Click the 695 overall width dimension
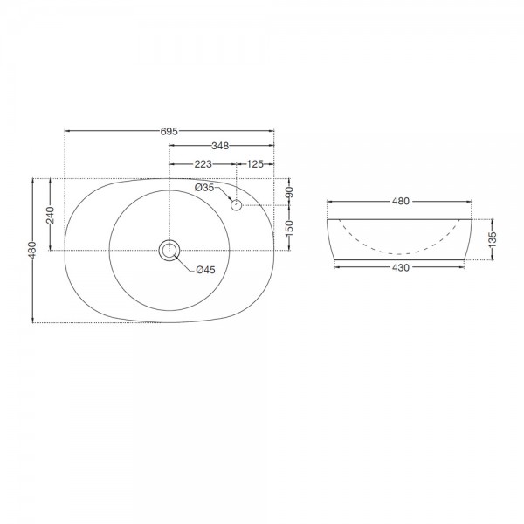[169, 131]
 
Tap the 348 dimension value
[220, 146]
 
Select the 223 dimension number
[203, 164]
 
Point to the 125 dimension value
[255, 164]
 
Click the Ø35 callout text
[204, 188]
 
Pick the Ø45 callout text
[206, 270]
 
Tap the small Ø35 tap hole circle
[237, 205]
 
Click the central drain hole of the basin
[169, 250]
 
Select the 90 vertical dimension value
[289, 192]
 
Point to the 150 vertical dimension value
[289, 229]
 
